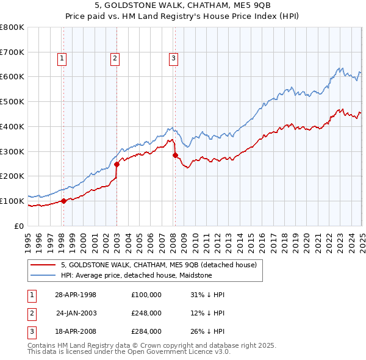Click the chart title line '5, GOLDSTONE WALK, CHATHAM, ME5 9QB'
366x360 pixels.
click(182, 5)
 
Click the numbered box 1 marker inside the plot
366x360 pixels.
click(63, 59)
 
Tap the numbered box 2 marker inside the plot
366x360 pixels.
click(115, 59)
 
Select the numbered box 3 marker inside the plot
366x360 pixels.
click(173, 59)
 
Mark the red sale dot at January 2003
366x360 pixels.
click(117, 164)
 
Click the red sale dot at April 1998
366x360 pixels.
click(64, 201)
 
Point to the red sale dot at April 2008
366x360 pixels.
click(175, 155)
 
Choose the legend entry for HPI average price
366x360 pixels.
click(136, 275)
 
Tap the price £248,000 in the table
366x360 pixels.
click(146, 313)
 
